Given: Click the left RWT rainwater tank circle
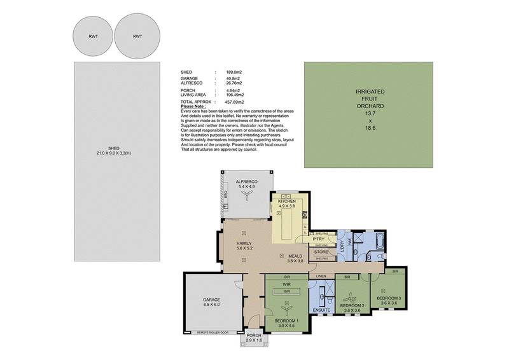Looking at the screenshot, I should pyautogui.click(x=93, y=36).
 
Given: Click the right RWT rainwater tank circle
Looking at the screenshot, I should pyautogui.click(x=137, y=36).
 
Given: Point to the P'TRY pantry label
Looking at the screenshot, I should pyautogui.click(x=319, y=239).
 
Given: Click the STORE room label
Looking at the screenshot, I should pyautogui.click(x=321, y=252).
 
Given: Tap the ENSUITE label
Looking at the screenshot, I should pyautogui.click(x=321, y=310).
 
